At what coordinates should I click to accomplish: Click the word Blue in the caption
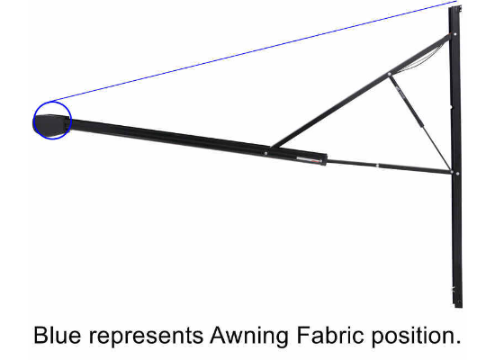57,336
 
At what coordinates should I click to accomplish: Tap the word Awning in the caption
249,337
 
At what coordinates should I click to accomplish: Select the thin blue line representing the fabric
255,51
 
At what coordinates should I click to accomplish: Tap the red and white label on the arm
307,160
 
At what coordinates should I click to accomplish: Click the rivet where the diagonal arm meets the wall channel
454,34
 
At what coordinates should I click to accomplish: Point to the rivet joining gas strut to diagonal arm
389,75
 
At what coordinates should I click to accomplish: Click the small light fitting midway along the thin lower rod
378,166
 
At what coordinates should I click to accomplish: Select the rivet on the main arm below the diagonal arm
265,154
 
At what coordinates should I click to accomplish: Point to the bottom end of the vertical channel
458,306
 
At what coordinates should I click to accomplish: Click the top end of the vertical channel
454,7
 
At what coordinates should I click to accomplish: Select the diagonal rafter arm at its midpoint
360,92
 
